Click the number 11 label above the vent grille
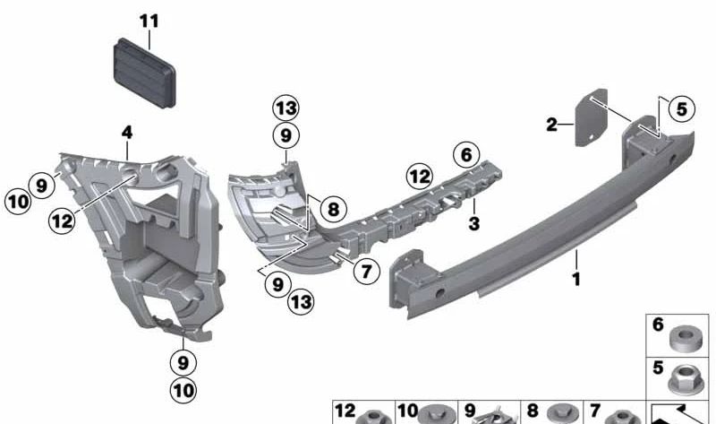[x=149, y=19]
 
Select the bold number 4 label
[x=127, y=133]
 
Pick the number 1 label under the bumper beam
[x=576, y=280]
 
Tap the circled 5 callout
[x=681, y=109]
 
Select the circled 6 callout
[x=465, y=154]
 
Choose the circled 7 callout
[x=367, y=269]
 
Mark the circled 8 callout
[x=332, y=209]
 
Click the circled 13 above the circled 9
[x=286, y=108]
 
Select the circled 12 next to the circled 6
[x=421, y=173]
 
